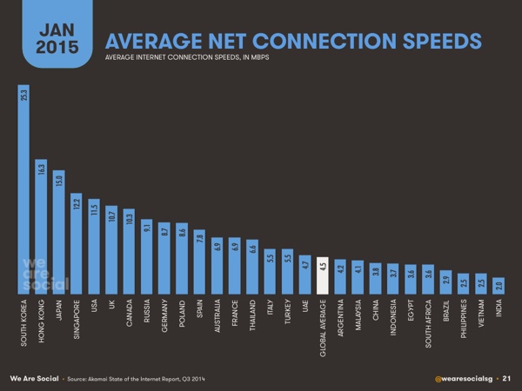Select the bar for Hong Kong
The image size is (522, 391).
[x=41, y=226]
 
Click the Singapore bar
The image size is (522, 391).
[x=77, y=242]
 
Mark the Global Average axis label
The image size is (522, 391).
[x=322, y=329]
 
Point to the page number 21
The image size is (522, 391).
[x=506, y=379]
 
